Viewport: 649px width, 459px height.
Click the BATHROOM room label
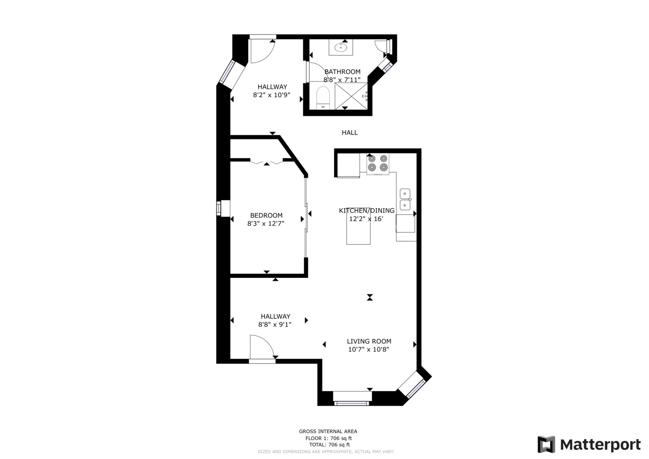[342, 71]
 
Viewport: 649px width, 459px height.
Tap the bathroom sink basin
[341, 47]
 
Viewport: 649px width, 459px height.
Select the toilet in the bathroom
[323, 98]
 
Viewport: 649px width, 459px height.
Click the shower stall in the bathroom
[351, 96]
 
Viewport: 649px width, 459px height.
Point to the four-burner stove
[378, 164]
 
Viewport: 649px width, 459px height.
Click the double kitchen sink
[405, 199]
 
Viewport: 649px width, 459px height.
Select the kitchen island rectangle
[358, 229]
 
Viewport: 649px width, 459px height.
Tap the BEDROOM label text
[266, 215]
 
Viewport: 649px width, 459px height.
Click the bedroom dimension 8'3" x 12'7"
[266, 224]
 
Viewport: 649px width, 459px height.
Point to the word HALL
[350, 133]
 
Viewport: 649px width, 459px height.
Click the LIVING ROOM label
[369, 341]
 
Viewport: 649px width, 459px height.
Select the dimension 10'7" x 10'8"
[368, 349]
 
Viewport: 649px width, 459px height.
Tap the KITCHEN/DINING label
[367, 211]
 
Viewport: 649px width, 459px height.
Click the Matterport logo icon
[546, 444]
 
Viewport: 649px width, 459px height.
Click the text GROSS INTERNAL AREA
[328, 431]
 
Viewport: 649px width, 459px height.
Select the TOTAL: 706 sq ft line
[329, 445]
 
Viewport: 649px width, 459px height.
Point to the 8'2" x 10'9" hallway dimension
[272, 95]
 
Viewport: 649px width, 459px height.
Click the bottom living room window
[352, 403]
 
